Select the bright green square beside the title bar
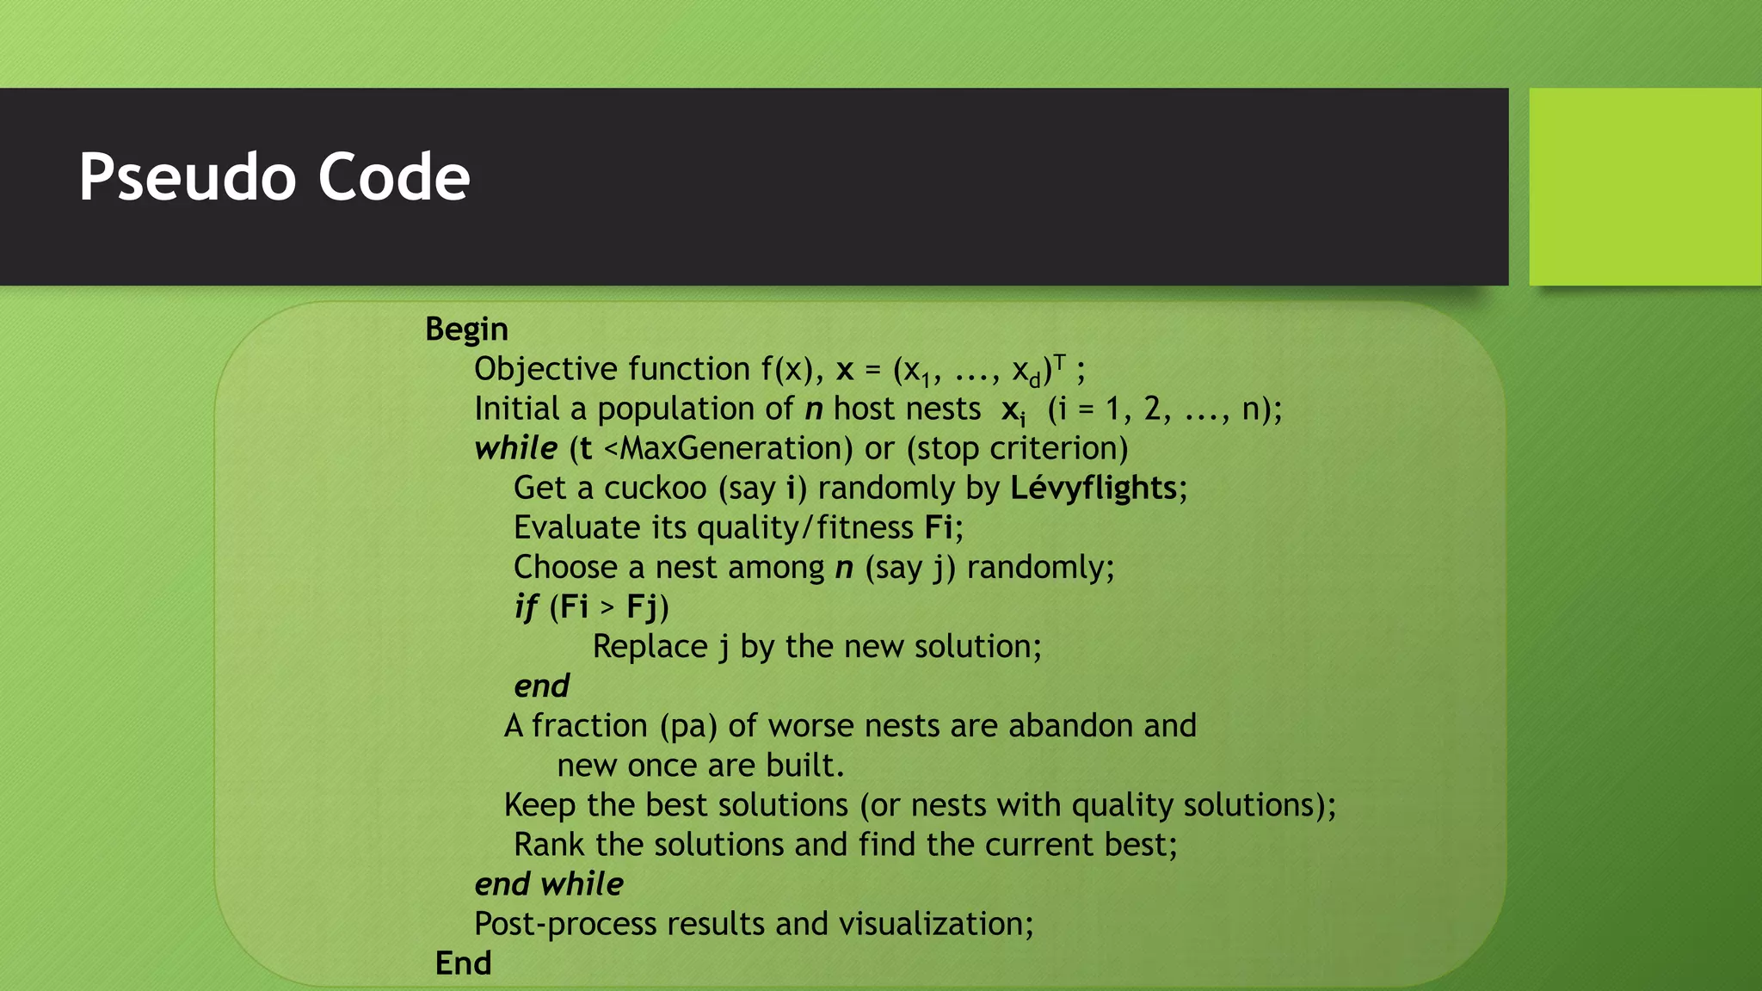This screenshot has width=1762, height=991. (1645, 186)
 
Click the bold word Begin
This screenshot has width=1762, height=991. (466, 329)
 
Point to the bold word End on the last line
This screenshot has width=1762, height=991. (463, 963)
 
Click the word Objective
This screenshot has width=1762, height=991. (545, 369)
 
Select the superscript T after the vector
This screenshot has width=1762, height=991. (1060, 362)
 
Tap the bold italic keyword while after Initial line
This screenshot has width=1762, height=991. (515, 448)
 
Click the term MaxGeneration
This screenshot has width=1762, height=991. (736, 448)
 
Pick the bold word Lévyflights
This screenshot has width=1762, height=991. (1093, 488)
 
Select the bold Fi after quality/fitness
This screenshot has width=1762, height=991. (939, 527)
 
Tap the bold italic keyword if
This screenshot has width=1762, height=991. (525, 607)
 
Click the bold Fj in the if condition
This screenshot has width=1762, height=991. (642, 607)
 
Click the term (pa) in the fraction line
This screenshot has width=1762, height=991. (688, 726)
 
